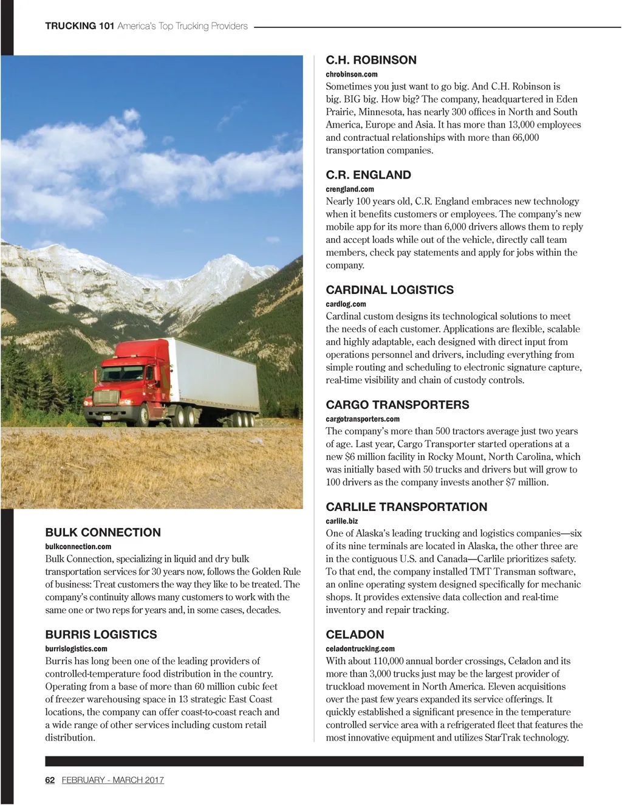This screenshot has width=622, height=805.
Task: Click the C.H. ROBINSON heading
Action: click(371, 60)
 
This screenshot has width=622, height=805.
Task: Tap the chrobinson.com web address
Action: click(352, 74)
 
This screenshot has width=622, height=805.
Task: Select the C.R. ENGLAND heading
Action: click(368, 175)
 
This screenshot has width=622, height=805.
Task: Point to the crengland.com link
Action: click(350, 189)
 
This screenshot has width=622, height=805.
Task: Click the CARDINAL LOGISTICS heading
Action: click(389, 290)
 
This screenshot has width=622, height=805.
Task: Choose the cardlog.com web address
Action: click(346, 304)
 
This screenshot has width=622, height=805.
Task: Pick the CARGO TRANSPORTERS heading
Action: click(397, 405)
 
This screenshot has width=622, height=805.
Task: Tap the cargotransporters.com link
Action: click(363, 419)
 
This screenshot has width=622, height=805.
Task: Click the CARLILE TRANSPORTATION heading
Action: click(406, 507)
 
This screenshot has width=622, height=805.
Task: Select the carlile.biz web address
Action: click(342, 521)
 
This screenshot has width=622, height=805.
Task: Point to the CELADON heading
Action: click(355, 634)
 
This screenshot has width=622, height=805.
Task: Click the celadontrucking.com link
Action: click(360, 648)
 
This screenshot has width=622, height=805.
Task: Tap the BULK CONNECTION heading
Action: click(103, 532)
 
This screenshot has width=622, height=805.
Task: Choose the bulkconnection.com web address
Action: click(78, 546)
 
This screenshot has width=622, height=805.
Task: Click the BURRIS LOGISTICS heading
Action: click(101, 634)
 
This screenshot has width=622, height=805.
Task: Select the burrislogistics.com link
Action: click(76, 648)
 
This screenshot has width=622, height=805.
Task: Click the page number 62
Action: click(50, 780)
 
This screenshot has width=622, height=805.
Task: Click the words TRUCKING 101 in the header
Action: click(79, 26)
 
